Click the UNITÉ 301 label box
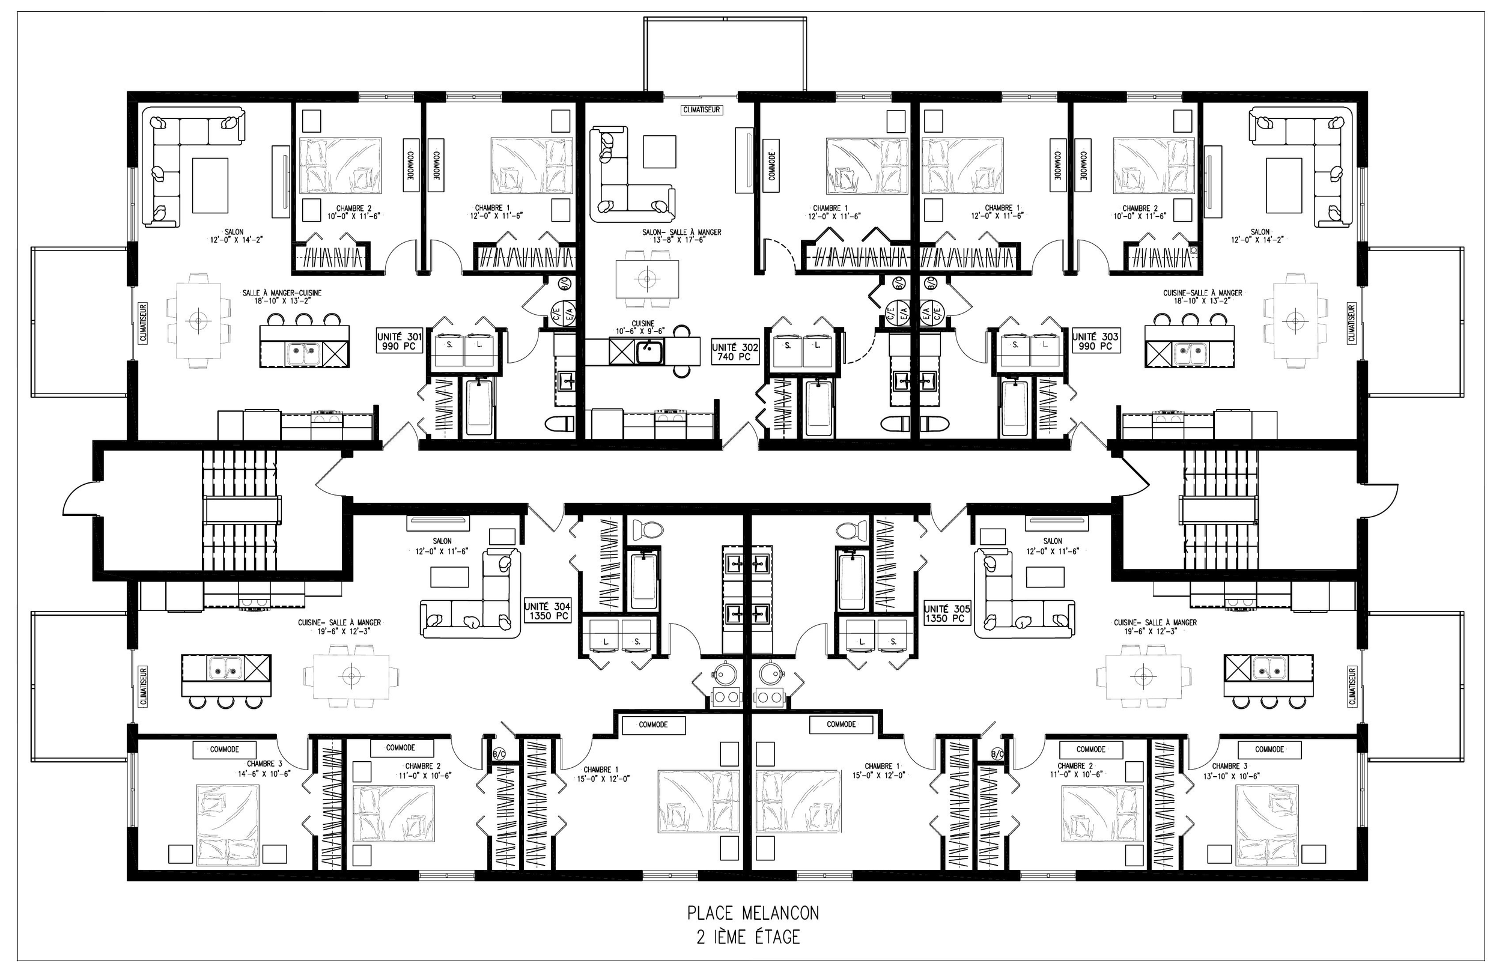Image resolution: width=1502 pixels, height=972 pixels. [x=399, y=341]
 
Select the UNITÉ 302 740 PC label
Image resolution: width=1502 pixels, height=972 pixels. [x=735, y=352]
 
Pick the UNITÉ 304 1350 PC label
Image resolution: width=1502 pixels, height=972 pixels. [x=547, y=611]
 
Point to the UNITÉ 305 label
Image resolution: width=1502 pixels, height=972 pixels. [x=947, y=613]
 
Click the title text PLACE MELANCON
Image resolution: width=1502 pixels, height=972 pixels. [x=753, y=913]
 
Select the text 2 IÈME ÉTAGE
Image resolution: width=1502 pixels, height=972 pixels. [x=749, y=937]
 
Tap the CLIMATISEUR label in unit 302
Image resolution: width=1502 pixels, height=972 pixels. [x=701, y=110]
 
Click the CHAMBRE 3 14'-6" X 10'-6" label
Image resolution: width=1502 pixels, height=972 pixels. [x=264, y=768]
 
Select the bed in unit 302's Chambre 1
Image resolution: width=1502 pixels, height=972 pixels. [x=862, y=165]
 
